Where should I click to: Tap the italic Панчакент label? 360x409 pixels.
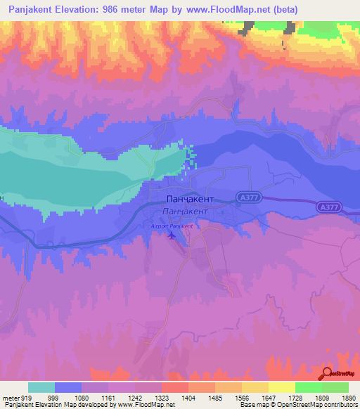coord(185,211)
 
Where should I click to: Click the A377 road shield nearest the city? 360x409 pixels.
coord(247,198)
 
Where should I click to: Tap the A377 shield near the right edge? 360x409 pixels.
coord(328,207)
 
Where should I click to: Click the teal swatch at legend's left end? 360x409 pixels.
coord(41,387)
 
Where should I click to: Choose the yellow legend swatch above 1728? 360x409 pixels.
coord(281,387)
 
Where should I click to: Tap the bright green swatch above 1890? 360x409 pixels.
coord(335,387)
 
